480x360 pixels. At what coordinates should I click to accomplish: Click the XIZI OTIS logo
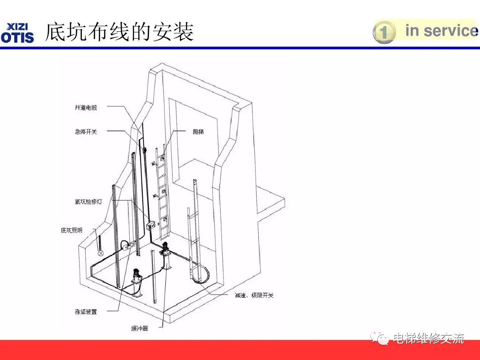[x=18, y=32]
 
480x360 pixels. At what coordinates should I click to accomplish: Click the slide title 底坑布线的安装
[x=120, y=32]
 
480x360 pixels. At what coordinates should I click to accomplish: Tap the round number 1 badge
[x=384, y=32]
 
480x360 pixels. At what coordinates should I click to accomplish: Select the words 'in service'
[x=440, y=31]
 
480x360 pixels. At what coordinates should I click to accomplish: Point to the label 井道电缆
[x=86, y=107]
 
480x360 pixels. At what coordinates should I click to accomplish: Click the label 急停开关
[x=86, y=132]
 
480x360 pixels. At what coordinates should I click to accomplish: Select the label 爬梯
[x=198, y=132]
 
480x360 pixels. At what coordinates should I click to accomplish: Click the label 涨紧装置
[x=86, y=312]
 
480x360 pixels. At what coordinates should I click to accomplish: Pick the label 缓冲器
[x=140, y=328]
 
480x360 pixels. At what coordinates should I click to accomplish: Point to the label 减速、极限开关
[x=254, y=295]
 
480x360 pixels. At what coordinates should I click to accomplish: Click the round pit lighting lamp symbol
[x=101, y=253]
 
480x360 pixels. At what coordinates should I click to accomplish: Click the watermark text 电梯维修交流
[x=429, y=339]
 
